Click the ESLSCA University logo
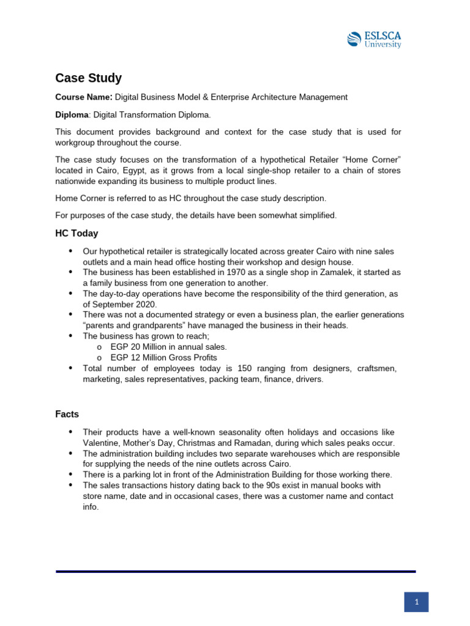click(x=374, y=39)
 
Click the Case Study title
click(x=88, y=78)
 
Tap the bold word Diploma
click(x=72, y=114)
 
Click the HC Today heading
click(x=76, y=234)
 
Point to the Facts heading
click(x=67, y=414)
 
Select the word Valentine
click(x=102, y=443)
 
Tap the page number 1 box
click(x=416, y=602)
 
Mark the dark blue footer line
click(x=236, y=572)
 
